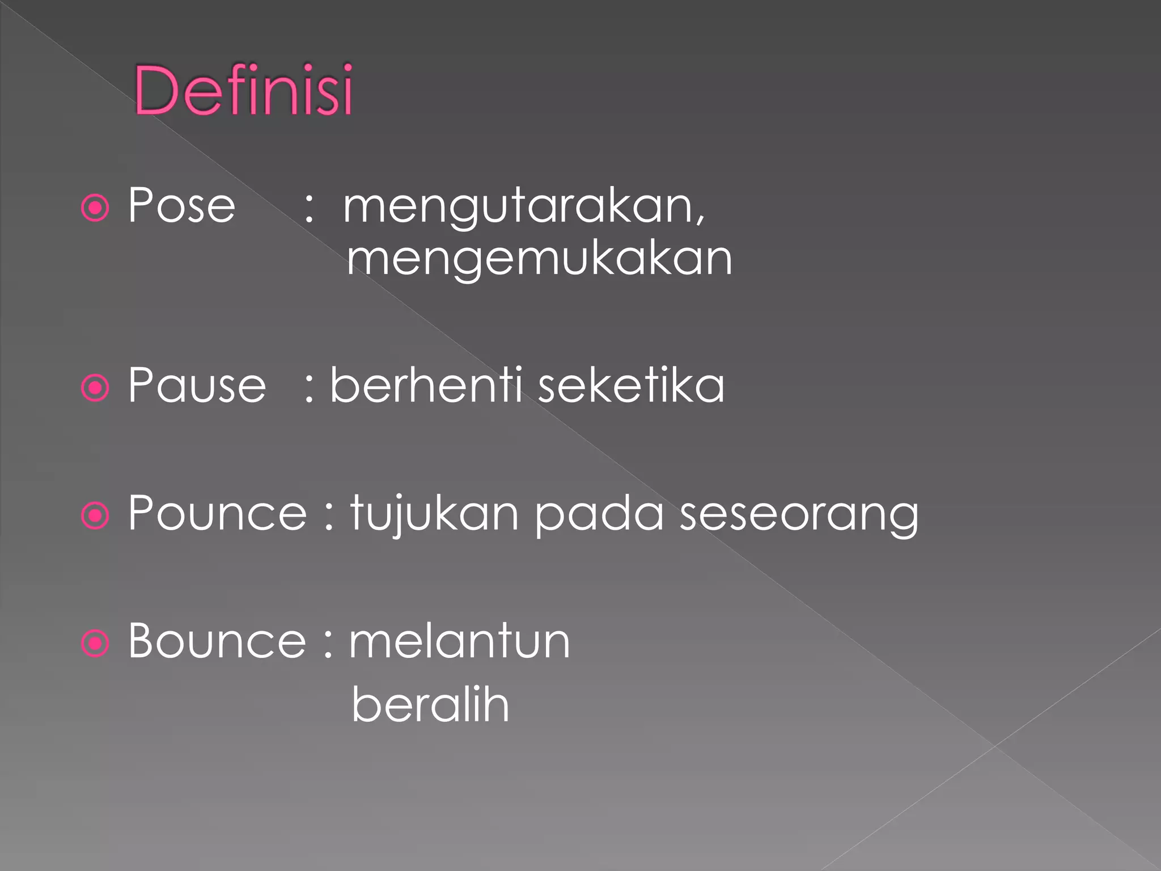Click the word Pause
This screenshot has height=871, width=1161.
(197, 386)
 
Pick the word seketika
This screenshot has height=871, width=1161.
(631, 386)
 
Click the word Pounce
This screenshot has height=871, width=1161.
(217, 513)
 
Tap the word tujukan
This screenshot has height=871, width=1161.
(434, 514)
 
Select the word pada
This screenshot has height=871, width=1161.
(599, 513)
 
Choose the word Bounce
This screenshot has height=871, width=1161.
(217, 641)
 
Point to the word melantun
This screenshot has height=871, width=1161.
(459, 641)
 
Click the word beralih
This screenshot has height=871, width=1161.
(430, 704)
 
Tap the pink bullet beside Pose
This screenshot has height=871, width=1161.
(95, 208)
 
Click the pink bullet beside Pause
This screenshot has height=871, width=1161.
(95, 388)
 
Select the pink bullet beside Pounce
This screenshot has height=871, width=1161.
(95, 516)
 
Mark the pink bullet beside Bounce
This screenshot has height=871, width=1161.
(95, 644)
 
